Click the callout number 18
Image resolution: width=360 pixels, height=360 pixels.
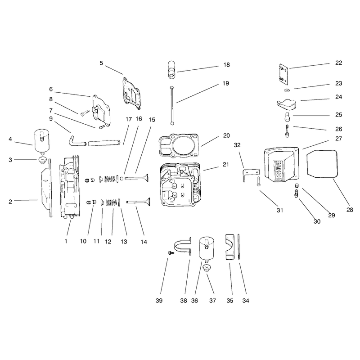click(x=227, y=65)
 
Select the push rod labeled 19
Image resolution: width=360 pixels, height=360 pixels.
click(x=172, y=106)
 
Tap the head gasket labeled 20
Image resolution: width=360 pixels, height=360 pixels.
click(x=179, y=145)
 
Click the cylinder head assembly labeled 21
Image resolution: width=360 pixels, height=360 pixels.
click(x=180, y=184)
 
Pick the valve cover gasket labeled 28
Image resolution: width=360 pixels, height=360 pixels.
click(x=322, y=164)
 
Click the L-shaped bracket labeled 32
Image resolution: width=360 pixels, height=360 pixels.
click(x=250, y=175)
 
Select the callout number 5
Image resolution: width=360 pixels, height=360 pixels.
click(x=101, y=63)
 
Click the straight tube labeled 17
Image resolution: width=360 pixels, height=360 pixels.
click(x=104, y=143)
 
